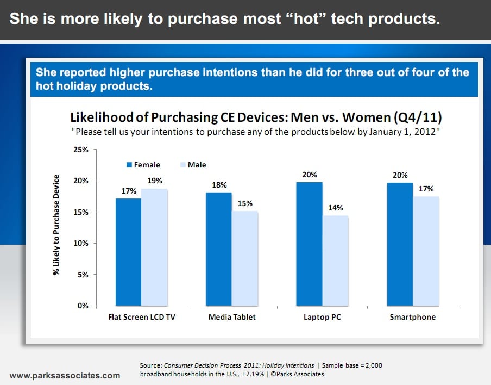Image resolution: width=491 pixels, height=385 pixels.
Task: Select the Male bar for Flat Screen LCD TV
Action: tap(154, 247)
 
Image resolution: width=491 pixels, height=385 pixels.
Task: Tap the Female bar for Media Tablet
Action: tap(218, 249)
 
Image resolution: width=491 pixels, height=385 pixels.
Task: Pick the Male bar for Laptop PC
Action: tap(335, 260)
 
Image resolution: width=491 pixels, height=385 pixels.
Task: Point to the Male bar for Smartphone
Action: tap(426, 251)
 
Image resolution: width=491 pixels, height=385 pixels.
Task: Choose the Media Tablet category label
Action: tap(231, 317)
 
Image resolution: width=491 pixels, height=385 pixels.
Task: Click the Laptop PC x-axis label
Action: tap(322, 317)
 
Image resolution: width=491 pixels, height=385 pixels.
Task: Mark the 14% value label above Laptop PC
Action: tap(335, 208)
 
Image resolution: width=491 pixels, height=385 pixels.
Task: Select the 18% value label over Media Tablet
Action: tap(218, 185)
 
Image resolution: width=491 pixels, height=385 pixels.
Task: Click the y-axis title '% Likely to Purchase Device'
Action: tap(56, 227)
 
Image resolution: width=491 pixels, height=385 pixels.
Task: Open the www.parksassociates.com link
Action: tap(65, 375)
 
